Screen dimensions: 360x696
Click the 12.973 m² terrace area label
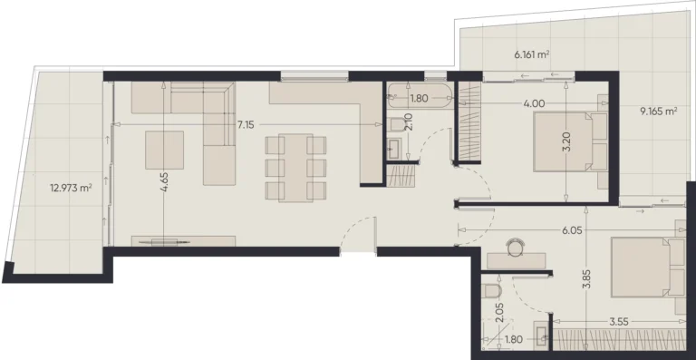point(72,189)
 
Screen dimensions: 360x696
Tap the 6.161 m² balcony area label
point(533,54)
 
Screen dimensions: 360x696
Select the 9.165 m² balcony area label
point(659,112)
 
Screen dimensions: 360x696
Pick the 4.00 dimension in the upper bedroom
point(534,103)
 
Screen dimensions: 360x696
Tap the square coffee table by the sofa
point(165,150)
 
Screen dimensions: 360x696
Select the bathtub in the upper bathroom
point(419,96)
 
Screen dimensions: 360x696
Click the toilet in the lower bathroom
point(491,292)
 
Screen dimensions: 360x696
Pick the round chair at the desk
point(517,244)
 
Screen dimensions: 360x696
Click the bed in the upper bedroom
point(569,141)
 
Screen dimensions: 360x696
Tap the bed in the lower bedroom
point(645,267)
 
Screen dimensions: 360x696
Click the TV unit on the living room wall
point(184,241)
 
